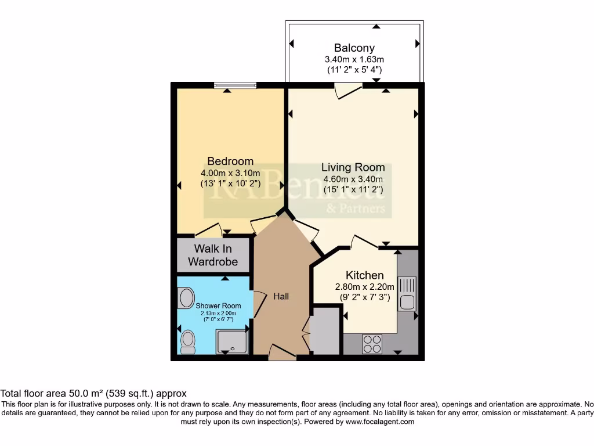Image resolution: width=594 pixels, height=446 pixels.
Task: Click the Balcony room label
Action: coord(354,48)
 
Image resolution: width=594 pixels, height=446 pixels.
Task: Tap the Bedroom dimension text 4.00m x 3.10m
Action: coord(230,173)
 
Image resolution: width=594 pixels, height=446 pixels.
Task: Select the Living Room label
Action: coord(353,167)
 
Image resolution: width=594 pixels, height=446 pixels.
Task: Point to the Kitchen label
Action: coord(364,275)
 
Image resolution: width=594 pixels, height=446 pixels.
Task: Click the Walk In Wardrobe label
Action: coord(213,256)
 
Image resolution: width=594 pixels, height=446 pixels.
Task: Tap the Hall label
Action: coord(281,296)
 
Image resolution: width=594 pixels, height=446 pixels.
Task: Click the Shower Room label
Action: coord(218,306)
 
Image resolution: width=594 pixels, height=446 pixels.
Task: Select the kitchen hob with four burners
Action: coord(371,344)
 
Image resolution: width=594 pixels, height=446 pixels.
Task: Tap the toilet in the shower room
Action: coord(188,341)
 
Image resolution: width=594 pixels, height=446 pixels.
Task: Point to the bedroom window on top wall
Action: coord(234,86)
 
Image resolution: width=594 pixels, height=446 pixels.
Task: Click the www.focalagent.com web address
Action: coord(380,422)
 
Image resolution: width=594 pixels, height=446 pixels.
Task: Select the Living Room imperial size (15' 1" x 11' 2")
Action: coord(353,189)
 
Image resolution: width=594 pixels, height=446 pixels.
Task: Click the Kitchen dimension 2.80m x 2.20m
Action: coord(364,287)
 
